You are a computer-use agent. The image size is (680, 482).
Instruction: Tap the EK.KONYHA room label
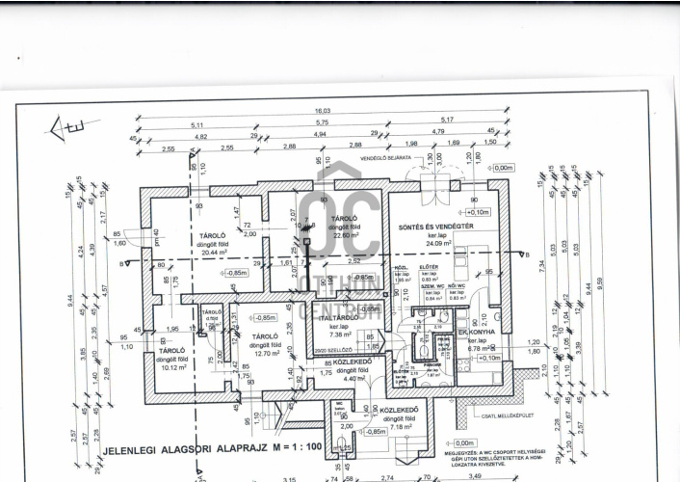[x=476, y=331]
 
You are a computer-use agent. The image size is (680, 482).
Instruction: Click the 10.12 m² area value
[x=172, y=366]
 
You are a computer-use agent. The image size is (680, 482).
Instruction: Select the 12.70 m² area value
[x=265, y=354]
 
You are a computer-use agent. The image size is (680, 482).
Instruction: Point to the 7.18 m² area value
[x=398, y=427]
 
